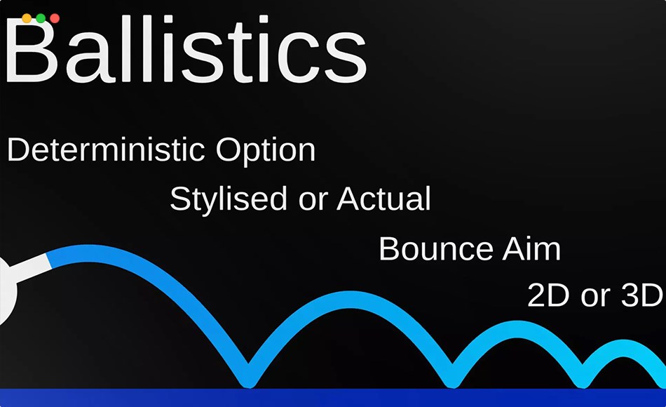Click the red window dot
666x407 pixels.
(x=55, y=18)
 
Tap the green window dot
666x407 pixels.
(x=41, y=18)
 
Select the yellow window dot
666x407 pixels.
(x=27, y=18)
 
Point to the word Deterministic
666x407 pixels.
(x=106, y=151)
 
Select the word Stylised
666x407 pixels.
(x=229, y=200)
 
